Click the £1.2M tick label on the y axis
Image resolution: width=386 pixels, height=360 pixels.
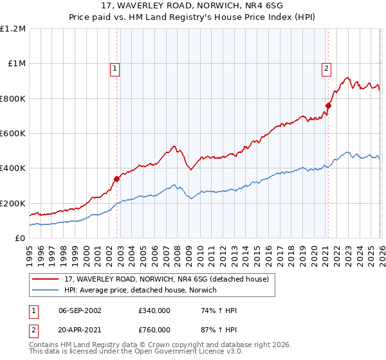point(13,29)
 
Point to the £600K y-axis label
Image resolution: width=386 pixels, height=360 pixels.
point(13,134)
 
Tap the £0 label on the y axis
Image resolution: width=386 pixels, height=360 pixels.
point(19,238)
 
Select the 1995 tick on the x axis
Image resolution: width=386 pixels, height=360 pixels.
point(30,251)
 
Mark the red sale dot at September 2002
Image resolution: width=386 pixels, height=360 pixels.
point(117,179)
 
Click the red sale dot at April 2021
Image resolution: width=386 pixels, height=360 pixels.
point(327,105)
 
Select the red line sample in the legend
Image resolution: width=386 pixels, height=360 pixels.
point(46,278)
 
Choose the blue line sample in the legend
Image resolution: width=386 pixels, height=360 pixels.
point(46,290)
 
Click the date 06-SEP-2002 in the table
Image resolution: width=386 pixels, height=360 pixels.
point(80,310)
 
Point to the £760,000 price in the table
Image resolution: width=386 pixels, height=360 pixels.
point(154,328)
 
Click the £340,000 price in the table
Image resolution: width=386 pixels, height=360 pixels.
point(154,310)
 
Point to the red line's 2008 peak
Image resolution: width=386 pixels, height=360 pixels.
point(174,147)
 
